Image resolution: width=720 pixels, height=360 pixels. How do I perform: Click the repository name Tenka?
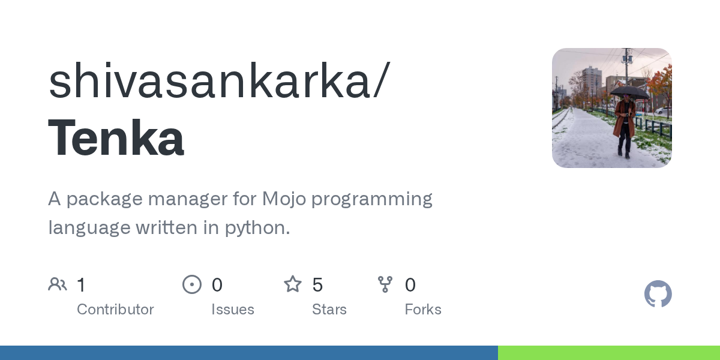[x=116, y=139]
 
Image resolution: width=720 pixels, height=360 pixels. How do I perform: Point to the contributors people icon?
[x=58, y=284]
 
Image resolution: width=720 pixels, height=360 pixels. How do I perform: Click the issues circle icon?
[x=192, y=284]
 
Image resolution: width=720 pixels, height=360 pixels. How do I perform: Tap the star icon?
[x=293, y=284]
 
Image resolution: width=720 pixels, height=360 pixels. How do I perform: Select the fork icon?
[x=385, y=284]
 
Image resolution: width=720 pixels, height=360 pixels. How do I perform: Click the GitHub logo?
[x=658, y=294]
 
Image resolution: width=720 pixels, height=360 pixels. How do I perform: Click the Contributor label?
[x=115, y=310]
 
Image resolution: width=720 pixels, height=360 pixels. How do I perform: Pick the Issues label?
[x=233, y=310]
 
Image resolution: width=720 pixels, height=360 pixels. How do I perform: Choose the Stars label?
[x=329, y=310]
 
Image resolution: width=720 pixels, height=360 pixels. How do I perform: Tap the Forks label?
[x=423, y=310]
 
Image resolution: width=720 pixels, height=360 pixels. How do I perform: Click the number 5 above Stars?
[x=318, y=284]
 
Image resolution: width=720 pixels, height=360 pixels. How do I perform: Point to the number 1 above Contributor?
[x=81, y=284]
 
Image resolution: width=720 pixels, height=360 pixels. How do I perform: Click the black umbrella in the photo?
[x=629, y=92]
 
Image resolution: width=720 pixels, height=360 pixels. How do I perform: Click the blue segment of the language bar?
[x=249, y=353]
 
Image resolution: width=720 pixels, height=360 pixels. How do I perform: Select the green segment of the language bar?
[x=609, y=353]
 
